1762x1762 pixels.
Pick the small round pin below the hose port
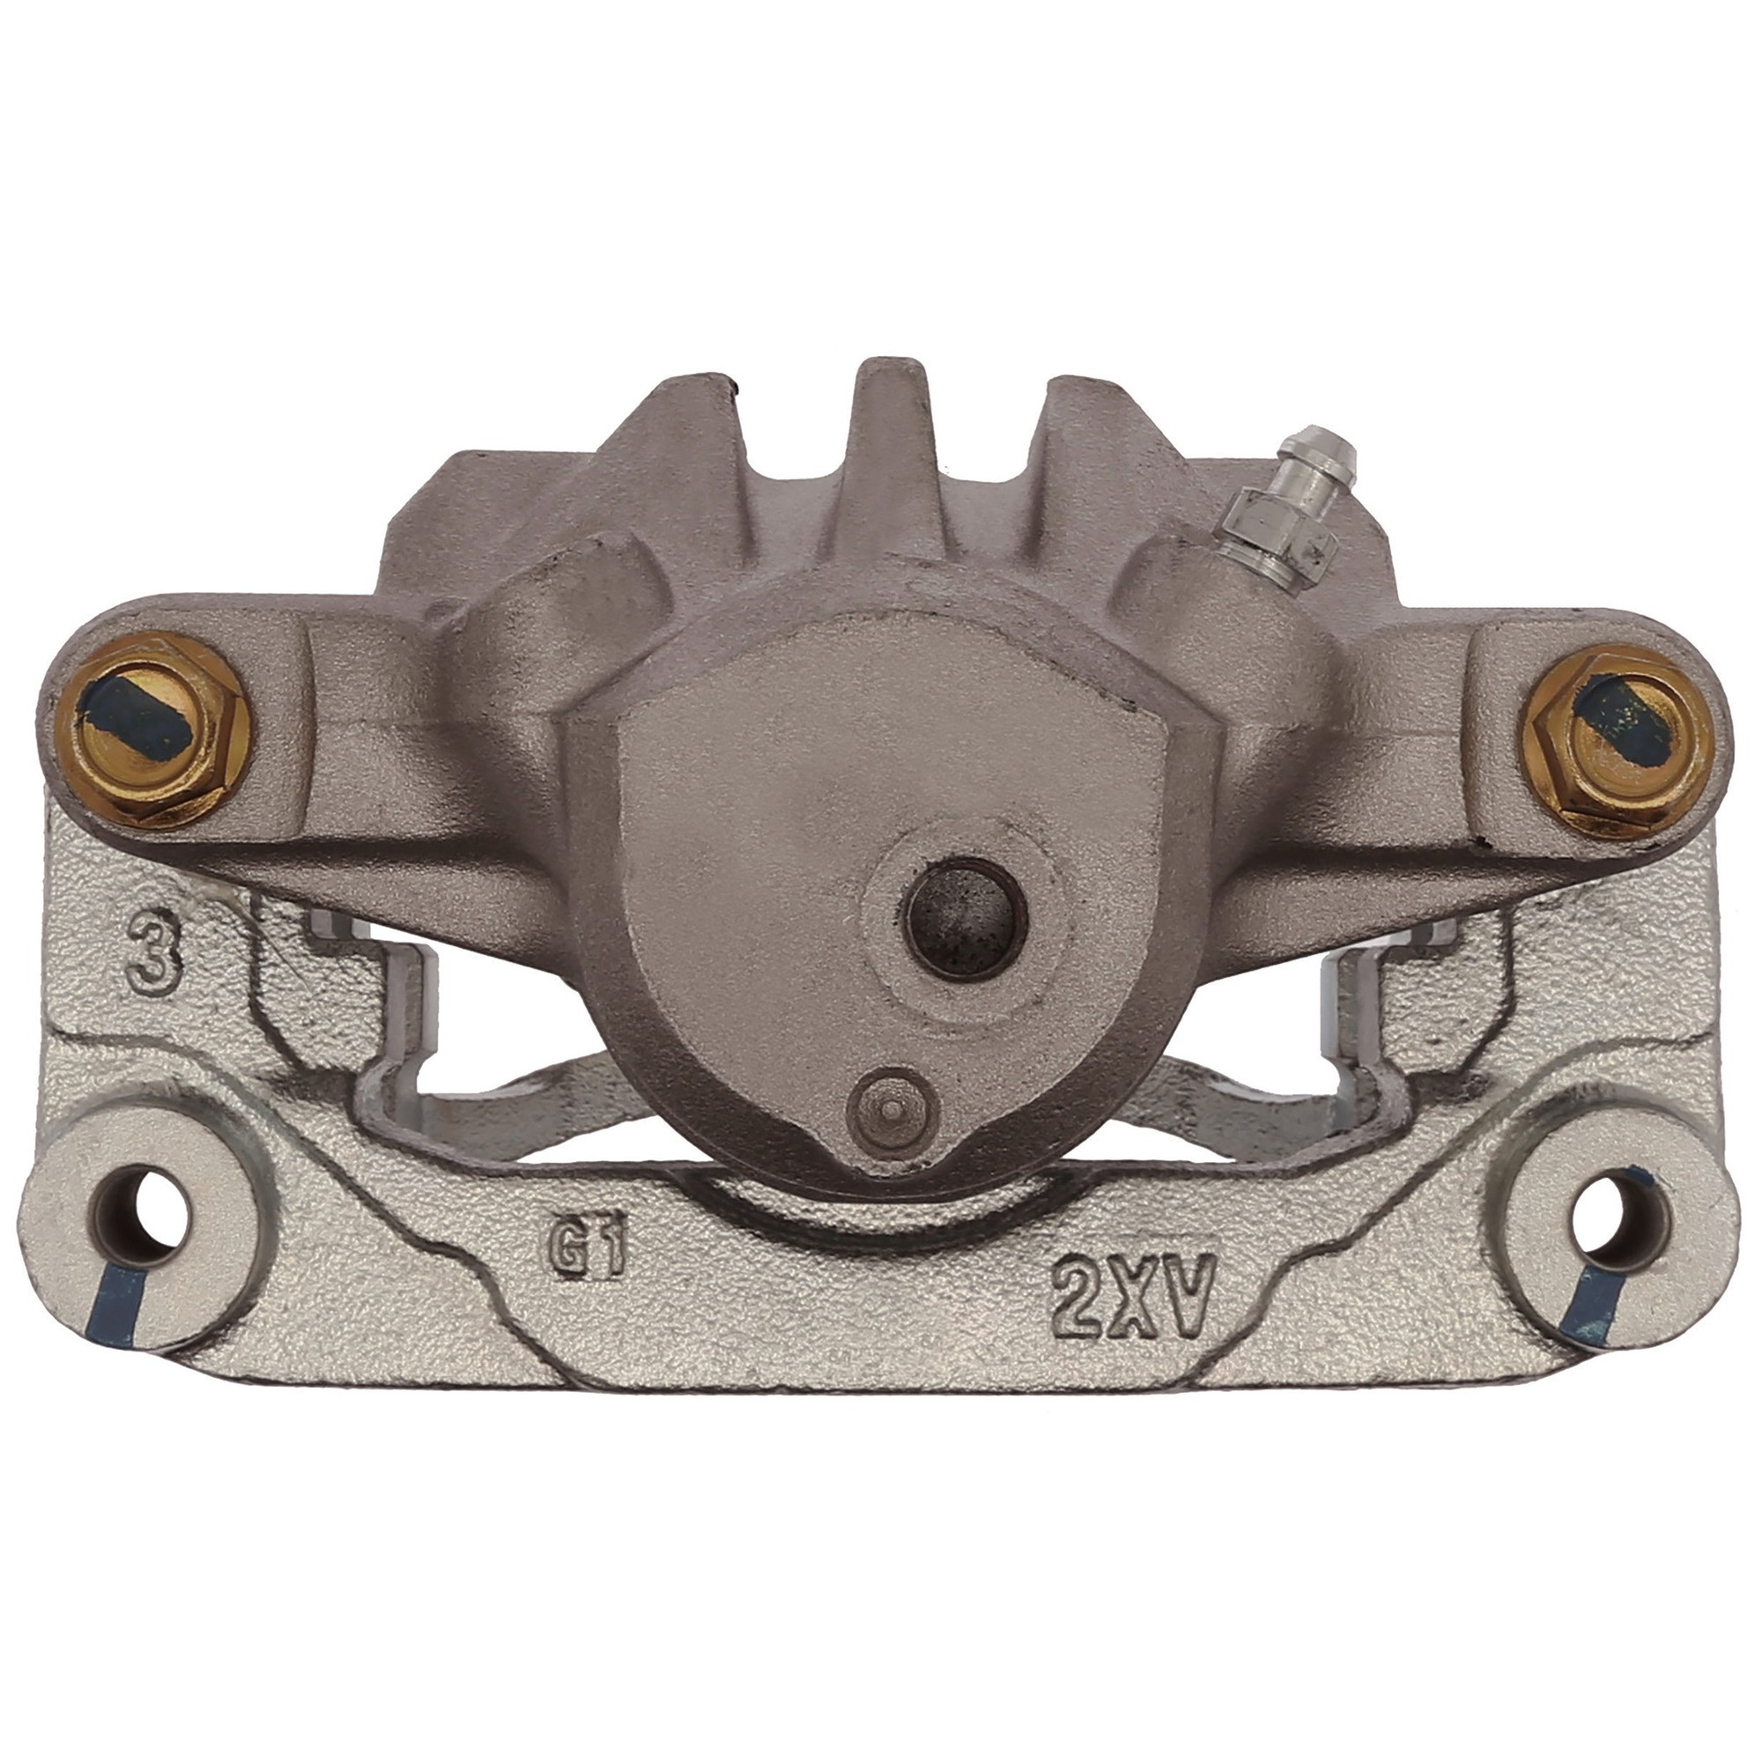tap(892, 1114)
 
